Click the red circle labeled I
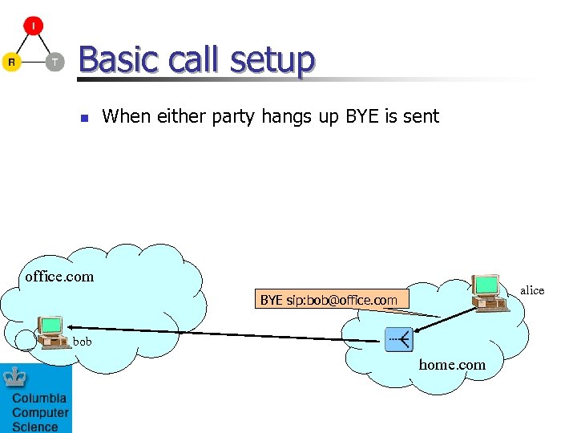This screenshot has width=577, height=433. [33, 26]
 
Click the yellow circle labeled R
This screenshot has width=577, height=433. [11, 62]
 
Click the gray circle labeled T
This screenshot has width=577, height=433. [54, 62]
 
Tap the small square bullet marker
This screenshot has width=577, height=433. [83, 118]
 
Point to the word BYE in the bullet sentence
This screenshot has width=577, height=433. [364, 116]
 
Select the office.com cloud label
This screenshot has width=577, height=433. [59, 277]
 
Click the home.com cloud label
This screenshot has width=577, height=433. [452, 365]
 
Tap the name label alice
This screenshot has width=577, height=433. [532, 290]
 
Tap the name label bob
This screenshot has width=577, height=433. [83, 342]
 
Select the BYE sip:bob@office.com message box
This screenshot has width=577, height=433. [329, 300]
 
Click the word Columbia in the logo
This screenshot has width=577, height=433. [39, 399]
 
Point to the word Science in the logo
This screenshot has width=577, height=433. [35, 427]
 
